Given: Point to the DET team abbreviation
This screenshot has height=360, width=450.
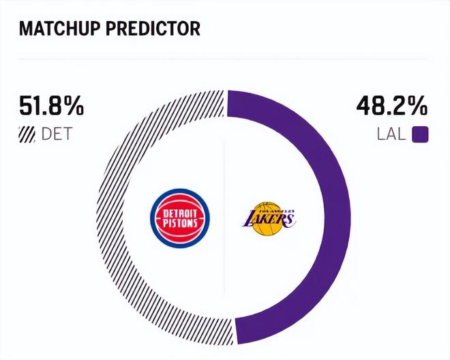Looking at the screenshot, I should pos(57,133).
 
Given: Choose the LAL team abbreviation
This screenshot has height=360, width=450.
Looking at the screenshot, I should pos(391,133).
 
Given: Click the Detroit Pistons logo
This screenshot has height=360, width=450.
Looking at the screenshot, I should pos(179,218).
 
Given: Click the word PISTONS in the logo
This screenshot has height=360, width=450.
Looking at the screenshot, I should pos(179,223).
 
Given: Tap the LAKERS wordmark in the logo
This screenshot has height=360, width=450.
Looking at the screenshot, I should pos(269,219).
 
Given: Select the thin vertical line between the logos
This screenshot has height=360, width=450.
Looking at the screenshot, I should pos(225,273).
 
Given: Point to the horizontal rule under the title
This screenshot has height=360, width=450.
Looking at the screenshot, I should pos(225,60).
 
